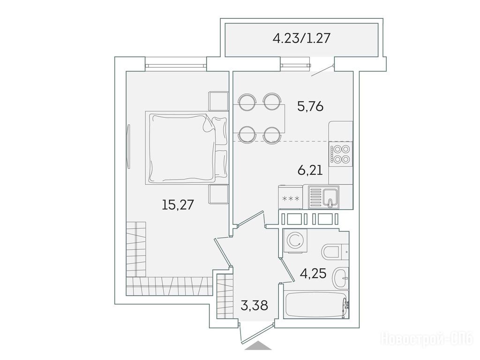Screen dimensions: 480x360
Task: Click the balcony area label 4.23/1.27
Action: (301, 39)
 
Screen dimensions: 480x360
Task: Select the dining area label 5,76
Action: (310, 106)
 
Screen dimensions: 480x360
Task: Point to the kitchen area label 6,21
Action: (310, 170)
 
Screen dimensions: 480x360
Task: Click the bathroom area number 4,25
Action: (313, 273)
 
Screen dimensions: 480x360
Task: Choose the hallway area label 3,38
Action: (255, 305)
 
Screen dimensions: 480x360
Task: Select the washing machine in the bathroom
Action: (295, 240)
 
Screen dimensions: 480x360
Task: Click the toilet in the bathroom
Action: (335, 252)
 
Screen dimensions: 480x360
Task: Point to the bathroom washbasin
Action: (341, 278)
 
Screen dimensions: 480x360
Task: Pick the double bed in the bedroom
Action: (187, 148)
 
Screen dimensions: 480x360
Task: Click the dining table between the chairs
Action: (259, 119)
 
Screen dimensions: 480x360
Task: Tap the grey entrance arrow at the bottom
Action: (258, 345)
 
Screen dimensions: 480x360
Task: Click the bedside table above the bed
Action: (218, 101)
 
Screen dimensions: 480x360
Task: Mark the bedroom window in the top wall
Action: (176, 65)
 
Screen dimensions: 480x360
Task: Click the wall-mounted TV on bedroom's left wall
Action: (128, 146)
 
